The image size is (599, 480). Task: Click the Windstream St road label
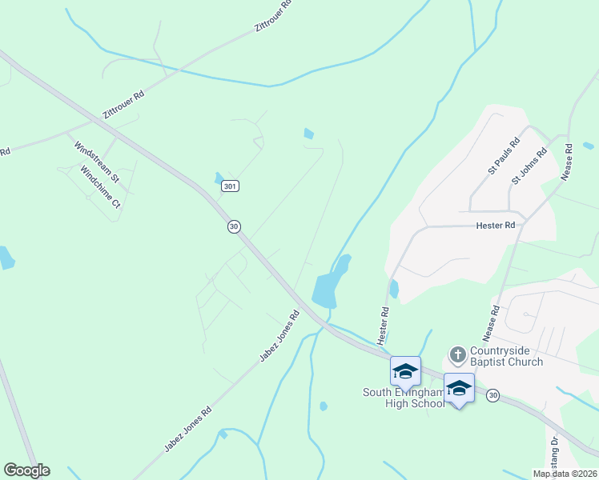click(96, 160)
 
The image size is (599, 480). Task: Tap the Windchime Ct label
click(100, 187)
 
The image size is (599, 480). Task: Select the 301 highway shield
click(230, 186)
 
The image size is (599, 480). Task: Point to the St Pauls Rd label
click(504, 157)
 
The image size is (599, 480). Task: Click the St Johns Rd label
click(529, 166)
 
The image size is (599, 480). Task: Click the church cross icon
click(457, 354)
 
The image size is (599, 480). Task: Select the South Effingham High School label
click(404, 398)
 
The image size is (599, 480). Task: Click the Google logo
click(26, 470)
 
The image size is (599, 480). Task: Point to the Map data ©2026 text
click(565, 474)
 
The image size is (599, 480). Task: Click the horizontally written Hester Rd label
click(496, 226)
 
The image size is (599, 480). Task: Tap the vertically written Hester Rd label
click(384, 322)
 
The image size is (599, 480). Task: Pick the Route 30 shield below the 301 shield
click(234, 226)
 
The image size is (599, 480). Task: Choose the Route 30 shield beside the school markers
click(492, 395)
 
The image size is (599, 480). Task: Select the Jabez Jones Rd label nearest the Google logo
click(188, 429)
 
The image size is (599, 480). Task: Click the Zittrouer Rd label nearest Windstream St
click(123, 105)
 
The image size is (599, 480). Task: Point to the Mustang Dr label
click(553, 452)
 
